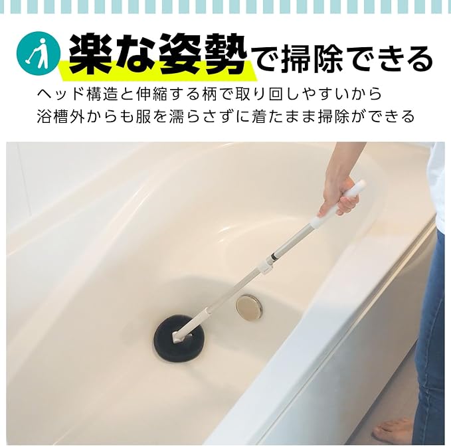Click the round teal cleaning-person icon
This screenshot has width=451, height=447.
[39, 53]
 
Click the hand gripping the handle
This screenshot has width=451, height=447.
[340, 195]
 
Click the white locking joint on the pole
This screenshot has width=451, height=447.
[266, 266]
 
